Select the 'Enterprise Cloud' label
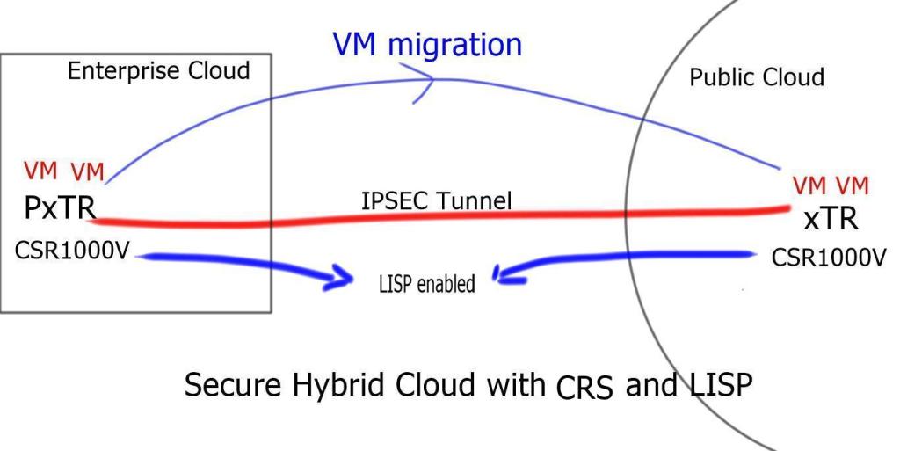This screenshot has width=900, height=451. (x=158, y=73)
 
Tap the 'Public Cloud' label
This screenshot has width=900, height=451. (x=757, y=77)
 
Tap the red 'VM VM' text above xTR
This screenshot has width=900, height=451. (x=831, y=185)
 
